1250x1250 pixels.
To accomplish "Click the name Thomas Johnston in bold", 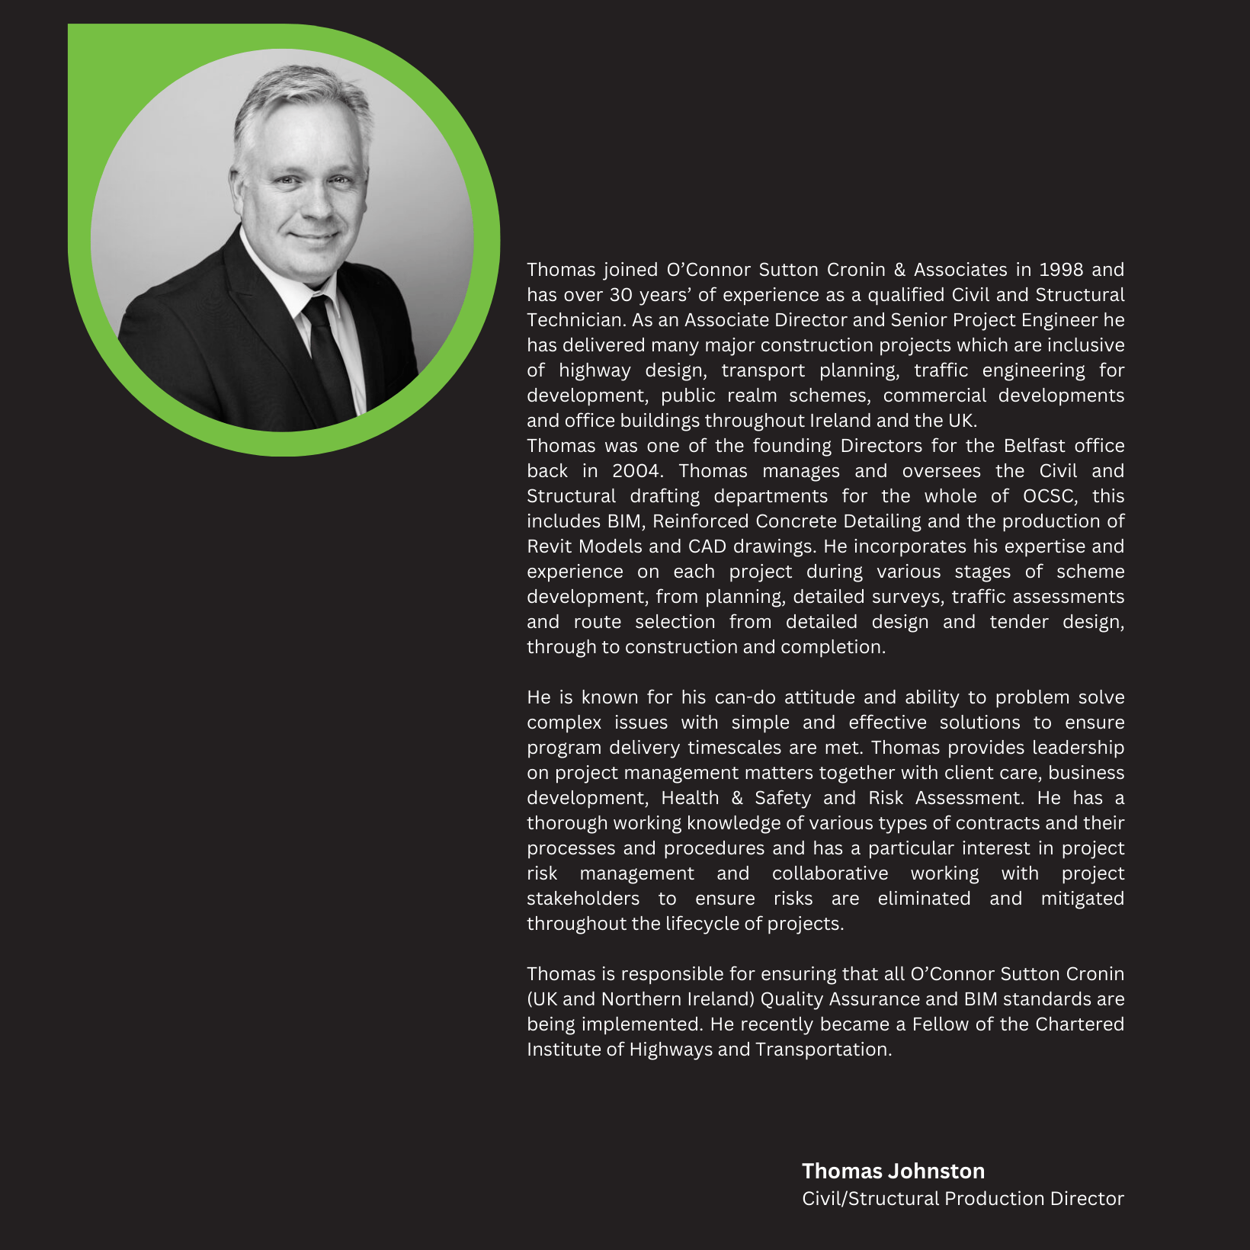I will [893, 1171].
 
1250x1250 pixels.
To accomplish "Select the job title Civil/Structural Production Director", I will [962, 1198].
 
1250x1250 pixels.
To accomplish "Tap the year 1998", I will [1060, 270].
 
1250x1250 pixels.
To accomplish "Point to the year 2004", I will [636, 471].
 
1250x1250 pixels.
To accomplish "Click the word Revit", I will [550, 546].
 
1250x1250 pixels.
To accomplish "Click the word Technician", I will [575, 320].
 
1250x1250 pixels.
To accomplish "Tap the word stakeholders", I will [583, 899].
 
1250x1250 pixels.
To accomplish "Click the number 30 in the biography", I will [620, 295].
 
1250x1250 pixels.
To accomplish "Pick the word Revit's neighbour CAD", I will [707, 546].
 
